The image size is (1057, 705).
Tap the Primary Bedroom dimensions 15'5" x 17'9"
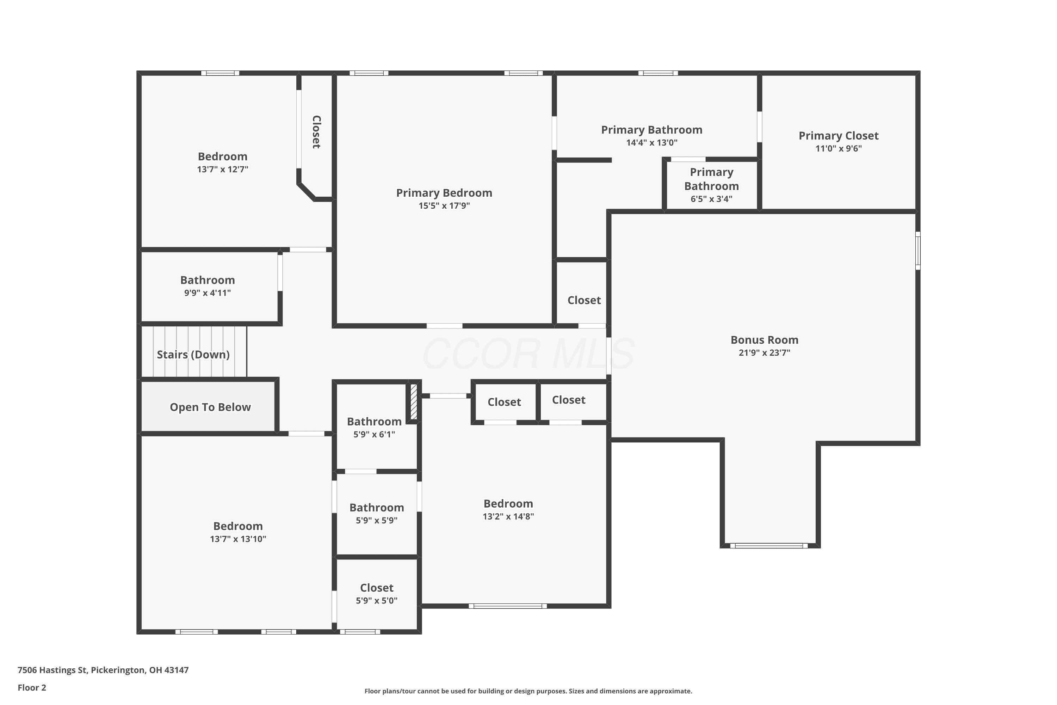(444, 206)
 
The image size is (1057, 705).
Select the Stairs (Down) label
(193, 355)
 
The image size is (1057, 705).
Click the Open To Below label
(210, 407)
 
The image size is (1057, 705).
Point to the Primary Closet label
(839, 136)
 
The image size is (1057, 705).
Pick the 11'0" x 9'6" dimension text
(839, 149)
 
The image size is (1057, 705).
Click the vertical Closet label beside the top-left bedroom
(316, 132)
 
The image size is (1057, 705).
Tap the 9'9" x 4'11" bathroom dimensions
(207, 293)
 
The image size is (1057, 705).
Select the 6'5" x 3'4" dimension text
(711, 199)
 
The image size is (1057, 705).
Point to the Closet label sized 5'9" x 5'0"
(377, 588)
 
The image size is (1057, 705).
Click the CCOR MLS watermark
(528, 354)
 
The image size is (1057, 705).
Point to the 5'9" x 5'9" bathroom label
(377, 508)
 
